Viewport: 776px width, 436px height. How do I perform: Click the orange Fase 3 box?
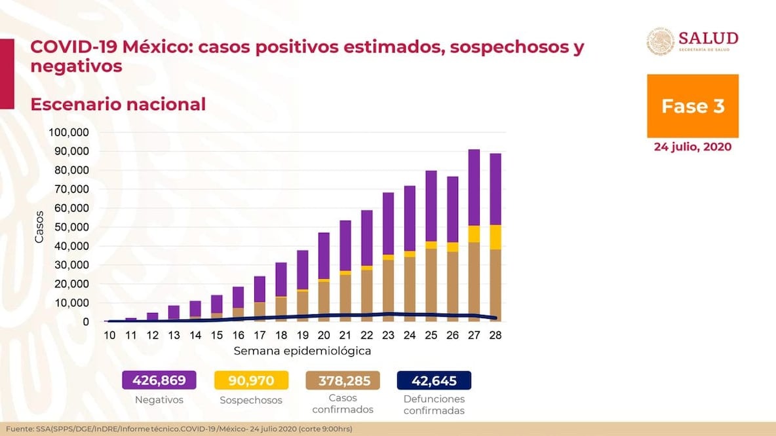click(692, 106)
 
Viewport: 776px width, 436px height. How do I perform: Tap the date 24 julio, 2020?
click(692, 147)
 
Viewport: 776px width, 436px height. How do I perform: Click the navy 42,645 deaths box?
click(433, 380)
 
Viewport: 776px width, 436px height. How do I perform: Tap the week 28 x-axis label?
click(495, 335)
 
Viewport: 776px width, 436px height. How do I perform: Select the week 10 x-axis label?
click(110, 335)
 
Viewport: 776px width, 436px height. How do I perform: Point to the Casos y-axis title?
click(39, 227)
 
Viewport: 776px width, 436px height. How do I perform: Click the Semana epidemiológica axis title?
click(302, 351)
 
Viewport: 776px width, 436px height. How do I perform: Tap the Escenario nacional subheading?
click(118, 104)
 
